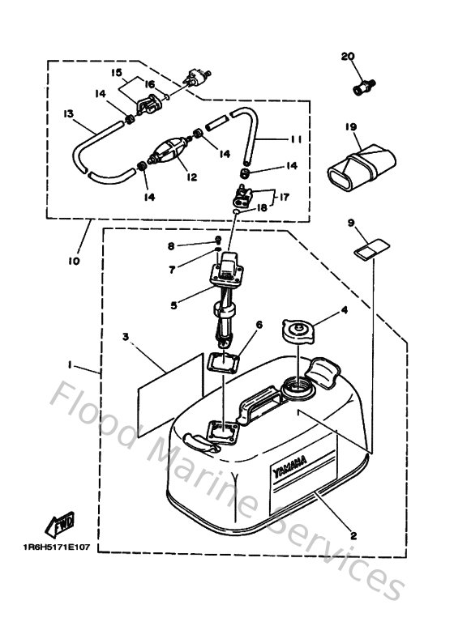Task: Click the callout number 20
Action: tap(349, 56)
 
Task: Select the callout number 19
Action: tap(350, 127)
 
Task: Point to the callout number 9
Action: tap(351, 222)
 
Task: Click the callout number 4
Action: tap(344, 309)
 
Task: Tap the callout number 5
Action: tap(173, 305)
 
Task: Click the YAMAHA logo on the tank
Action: tap(289, 469)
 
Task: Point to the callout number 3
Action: tap(126, 336)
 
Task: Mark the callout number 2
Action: tap(353, 534)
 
